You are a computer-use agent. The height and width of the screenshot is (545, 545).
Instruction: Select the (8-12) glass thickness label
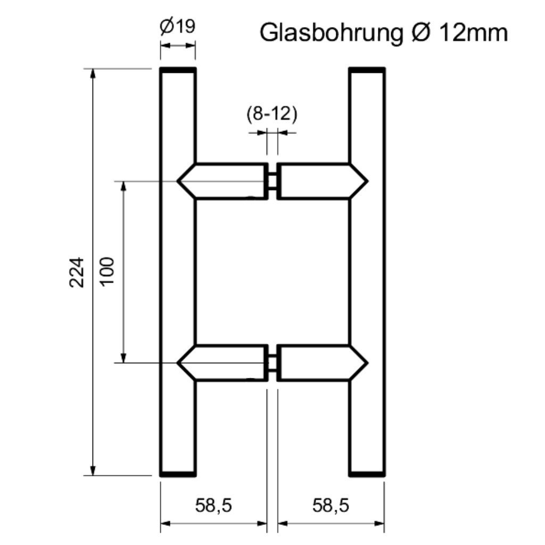pyautogui.click(x=271, y=114)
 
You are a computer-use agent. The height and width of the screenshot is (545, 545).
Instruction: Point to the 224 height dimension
pyautogui.click(x=78, y=272)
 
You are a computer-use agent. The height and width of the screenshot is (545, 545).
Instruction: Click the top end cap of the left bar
pyautogui.click(x=178, y=70)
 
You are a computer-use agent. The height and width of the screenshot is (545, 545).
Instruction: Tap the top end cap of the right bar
pyautogui.click(x=367, y=70)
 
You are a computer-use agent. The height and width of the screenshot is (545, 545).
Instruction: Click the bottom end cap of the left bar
pyautogui.click(x=178, y=473)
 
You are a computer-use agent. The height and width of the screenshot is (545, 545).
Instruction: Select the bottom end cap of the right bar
pyautogui.click(x=367, y=473)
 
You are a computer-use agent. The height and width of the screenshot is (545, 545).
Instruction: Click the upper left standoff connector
pyautogui.click(x=224, y=181)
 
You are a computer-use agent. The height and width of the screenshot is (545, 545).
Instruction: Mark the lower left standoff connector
pyautogui.click(x=224, y=363)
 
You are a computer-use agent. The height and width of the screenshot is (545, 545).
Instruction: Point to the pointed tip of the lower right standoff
pyautogui.click(x=367, y=363)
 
